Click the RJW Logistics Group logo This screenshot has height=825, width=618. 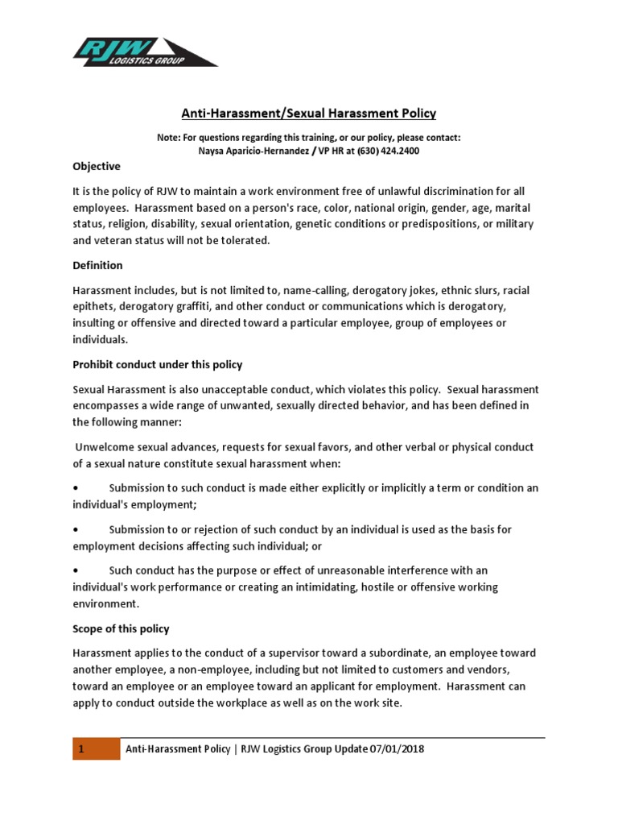click(x=145, y=51)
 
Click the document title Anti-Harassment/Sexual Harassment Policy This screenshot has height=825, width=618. click(x=309, y=114)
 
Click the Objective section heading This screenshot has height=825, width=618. click(x=96, y=167)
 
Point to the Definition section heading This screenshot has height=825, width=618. click(x=97, y=265)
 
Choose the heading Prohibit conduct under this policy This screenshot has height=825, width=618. click(x=157, y=364)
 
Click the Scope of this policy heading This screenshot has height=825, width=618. click(x=121, y=628)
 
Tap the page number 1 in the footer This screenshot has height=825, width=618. click(x=81, y=750)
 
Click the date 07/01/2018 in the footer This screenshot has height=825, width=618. click(x=397, y=750)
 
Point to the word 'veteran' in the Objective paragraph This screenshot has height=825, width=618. click(x=114, y=240)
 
